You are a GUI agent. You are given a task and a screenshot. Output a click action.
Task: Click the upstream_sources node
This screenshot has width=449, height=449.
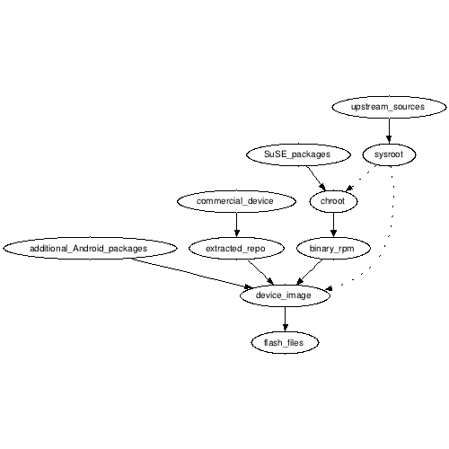point(389,107)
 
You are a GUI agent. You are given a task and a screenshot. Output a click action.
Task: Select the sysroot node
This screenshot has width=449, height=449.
point(389,154)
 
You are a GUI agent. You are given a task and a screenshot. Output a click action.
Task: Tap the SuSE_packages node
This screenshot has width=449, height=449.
point(298,154)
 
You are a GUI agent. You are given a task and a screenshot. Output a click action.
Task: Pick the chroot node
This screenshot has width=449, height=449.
point(333,201)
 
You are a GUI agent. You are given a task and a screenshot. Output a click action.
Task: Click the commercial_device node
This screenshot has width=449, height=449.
point(236,201)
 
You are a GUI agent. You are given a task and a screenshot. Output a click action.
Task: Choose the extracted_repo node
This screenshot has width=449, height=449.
point(236,249)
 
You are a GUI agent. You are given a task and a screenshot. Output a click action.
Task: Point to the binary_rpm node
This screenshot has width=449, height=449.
point(333,249)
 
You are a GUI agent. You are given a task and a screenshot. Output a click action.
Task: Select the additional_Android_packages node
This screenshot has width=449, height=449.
point(90,249)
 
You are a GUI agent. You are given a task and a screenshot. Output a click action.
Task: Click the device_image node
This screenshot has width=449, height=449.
point(285,295)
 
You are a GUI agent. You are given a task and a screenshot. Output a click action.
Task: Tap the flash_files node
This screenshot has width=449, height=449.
point(285,342)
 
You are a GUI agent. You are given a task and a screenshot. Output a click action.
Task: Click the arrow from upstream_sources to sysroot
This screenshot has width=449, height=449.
point(389,131)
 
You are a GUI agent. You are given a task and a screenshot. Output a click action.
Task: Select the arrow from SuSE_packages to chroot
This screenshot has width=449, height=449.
point(316,179)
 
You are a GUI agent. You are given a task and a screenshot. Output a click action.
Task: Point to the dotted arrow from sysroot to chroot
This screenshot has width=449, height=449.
point(360,179)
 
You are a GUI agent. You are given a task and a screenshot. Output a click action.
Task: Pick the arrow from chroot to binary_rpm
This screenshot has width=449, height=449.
point(333,224)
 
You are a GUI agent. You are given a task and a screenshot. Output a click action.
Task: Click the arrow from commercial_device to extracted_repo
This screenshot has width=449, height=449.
point(236,224)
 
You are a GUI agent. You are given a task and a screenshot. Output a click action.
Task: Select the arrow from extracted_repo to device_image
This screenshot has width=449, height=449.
point(260,272)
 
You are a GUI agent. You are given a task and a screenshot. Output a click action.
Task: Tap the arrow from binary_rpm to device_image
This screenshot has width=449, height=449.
point(309,272)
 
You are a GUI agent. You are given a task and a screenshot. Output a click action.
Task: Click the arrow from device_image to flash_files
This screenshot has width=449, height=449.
point(285,319)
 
